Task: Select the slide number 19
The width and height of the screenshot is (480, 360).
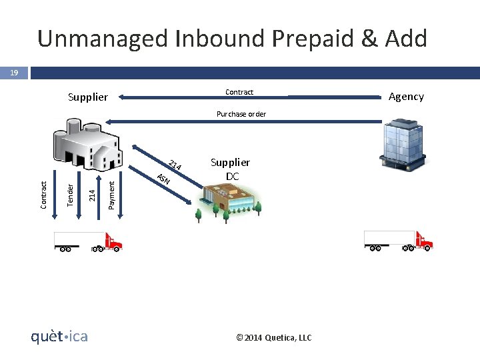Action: [13, 73]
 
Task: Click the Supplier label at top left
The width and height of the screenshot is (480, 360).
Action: [87, 97]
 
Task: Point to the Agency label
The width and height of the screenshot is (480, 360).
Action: [406, 96]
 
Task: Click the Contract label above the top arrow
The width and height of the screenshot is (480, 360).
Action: [239, 92]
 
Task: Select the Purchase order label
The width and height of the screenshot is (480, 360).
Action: [241, 114]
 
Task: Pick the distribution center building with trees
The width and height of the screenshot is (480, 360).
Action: [227, 201]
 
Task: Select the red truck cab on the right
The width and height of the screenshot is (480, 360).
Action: [423, 240]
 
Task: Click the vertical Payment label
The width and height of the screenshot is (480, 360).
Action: [111, 194]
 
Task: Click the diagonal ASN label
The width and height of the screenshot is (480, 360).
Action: [163, 179]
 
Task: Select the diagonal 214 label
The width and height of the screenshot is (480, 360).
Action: [175, 165]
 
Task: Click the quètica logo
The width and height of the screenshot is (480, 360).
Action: [59, 337]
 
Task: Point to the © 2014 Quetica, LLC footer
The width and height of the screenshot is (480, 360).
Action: [274, 338]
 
